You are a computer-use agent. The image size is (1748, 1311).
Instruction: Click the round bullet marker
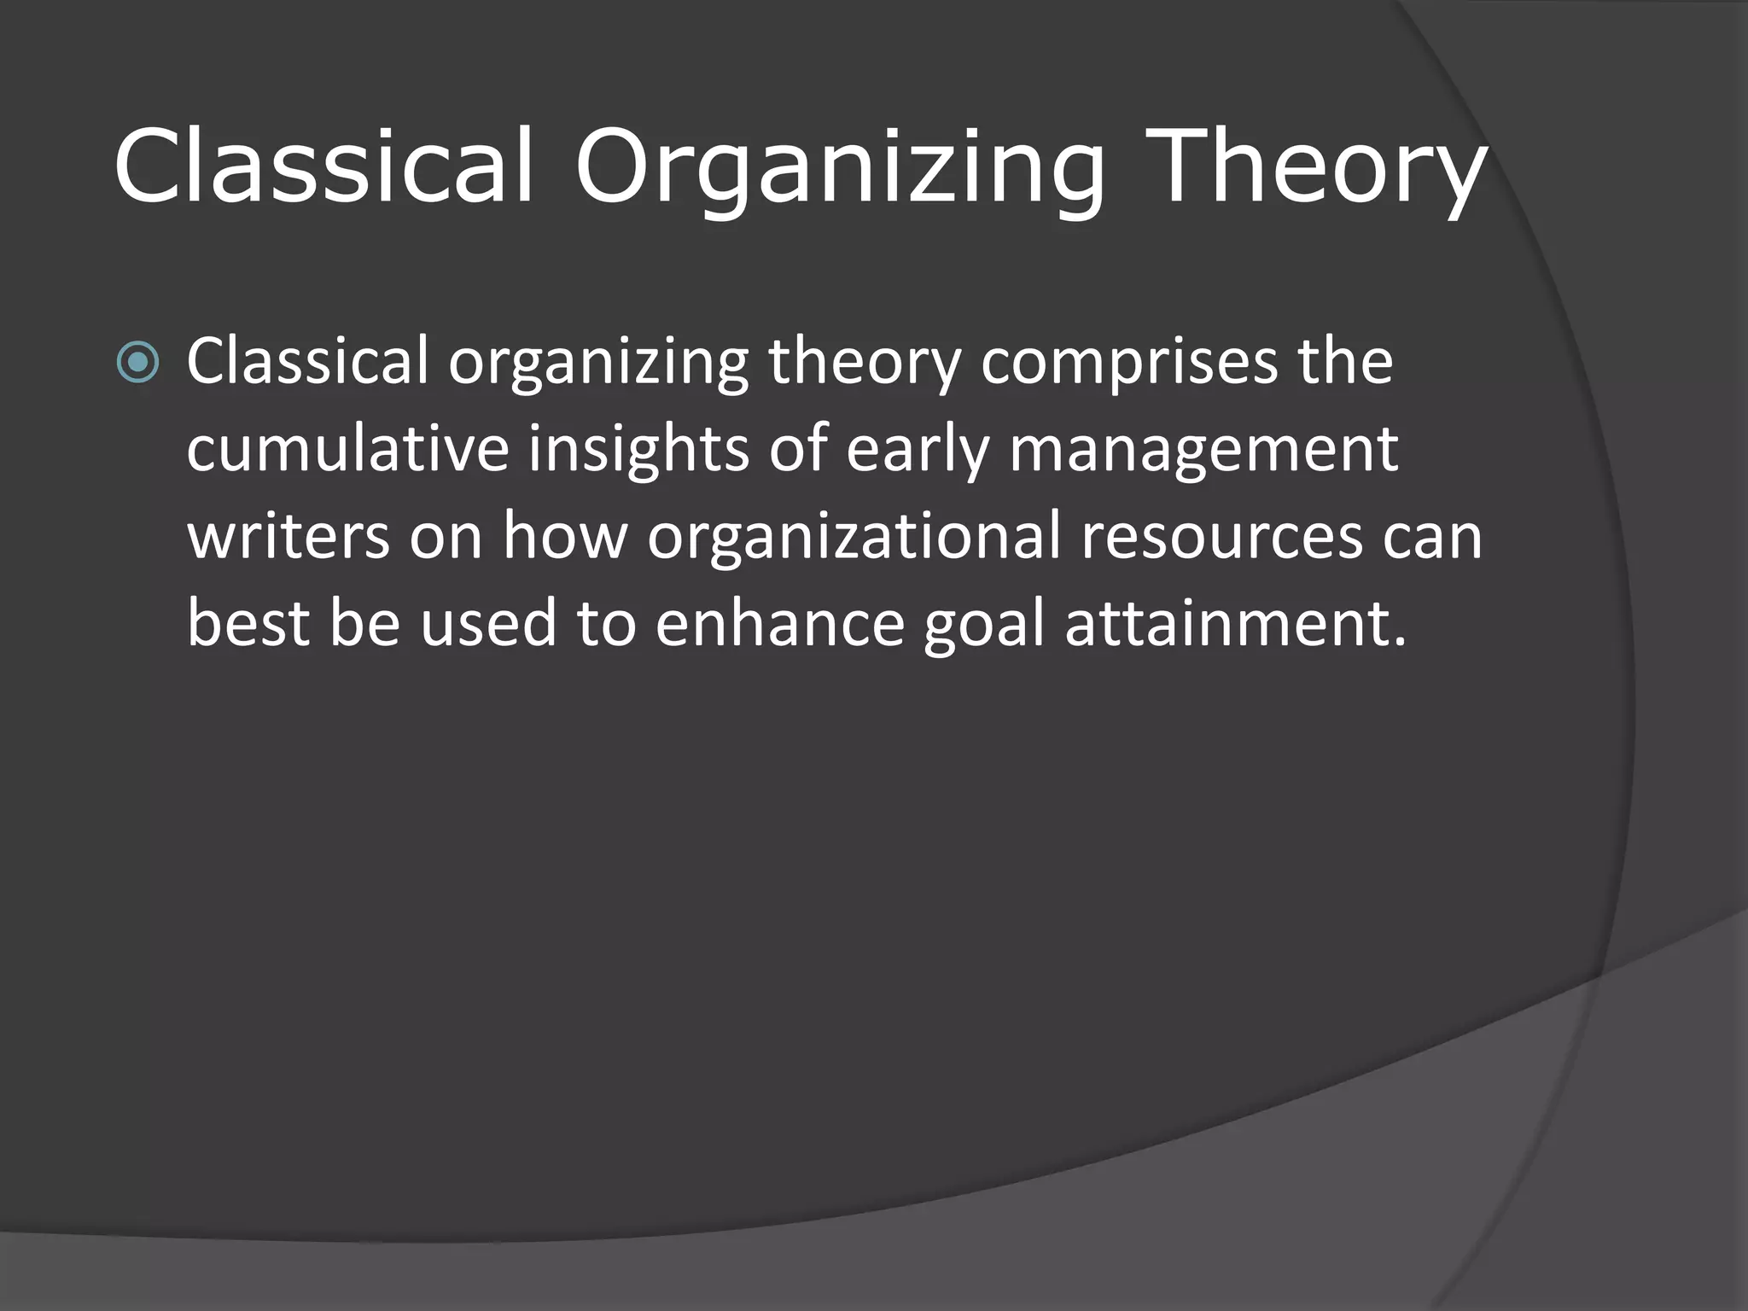tap(137, 363)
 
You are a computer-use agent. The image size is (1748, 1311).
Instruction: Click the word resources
tap(1221, 538)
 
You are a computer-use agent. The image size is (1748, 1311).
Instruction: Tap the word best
tap(248, 623)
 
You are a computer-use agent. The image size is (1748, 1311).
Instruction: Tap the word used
tap(487, 623)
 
